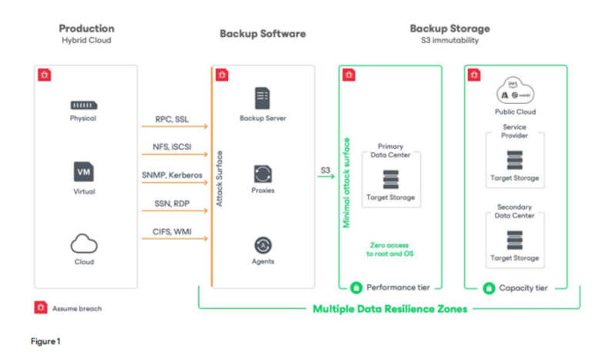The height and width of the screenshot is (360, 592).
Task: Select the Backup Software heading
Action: pos(262,33)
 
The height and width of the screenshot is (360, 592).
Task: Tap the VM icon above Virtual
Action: pos(84,172)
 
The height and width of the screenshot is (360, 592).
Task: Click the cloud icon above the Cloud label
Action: pos(84,244)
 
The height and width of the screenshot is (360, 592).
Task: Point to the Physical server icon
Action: pos(84,105)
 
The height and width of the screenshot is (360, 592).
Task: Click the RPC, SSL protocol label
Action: pos(173,119)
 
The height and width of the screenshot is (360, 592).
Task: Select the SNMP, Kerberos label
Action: pos(173,175)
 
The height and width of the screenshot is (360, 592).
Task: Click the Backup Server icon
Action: pos(262,98)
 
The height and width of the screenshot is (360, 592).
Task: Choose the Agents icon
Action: pos(262,245)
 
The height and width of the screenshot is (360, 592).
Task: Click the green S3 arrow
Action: pos(328,176)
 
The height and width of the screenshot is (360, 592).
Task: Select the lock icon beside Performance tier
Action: pos(356,288)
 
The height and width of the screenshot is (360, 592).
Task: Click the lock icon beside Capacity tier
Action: pos(489,288)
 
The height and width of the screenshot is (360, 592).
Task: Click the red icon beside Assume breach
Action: pos(39,308)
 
